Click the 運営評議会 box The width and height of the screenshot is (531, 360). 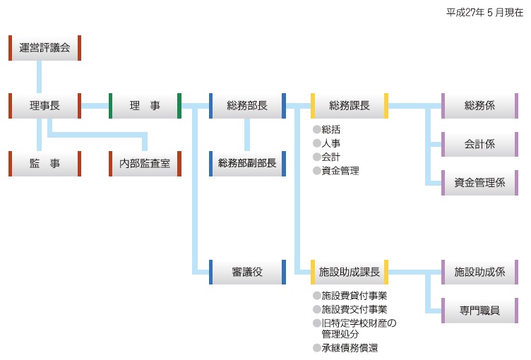[x=44, y=48]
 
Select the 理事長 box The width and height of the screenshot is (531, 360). [x=44, y=106]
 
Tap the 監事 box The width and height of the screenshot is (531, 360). [x=44, y=163]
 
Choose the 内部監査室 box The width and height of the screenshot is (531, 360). [x=145, y=163]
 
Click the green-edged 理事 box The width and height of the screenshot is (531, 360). [x=145, y=106]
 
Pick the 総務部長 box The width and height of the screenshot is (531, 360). [x=247, y=106]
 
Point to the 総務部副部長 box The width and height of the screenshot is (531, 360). [x=247, y=163]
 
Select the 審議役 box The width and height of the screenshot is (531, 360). [x=247, y=272]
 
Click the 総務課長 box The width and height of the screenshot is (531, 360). [x=350, y=106]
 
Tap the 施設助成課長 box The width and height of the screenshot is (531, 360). [x=350, y=272]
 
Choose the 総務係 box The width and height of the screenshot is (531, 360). [x=479, y=106]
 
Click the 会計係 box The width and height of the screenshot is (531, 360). [x=479, y=144]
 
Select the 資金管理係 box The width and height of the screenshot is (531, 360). [x=479, y=182]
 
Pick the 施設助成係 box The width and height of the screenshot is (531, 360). [x=479, y=272]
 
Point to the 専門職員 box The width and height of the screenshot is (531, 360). [x=479, y=310]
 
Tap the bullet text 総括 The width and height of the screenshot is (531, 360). [x=330, y=129]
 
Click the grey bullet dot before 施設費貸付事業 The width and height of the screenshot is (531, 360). [x=316, y=296]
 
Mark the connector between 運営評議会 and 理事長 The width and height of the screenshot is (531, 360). [x=39, y=77]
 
